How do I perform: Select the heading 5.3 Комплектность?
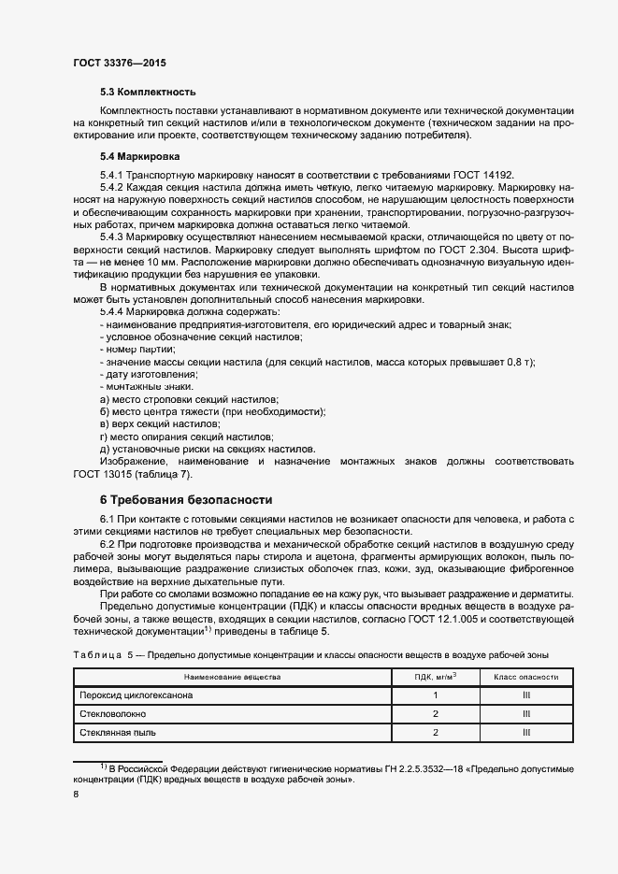pyautogui.click(x=148, y=92)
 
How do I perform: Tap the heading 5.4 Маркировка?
pyautogui.click(x=140, y=156)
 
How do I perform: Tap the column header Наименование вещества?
pyautogui.click(x=232, y=676)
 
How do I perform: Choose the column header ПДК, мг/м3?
pyautogui.click(x=436, y=676)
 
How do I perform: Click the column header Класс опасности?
pyautogui.click(x=526, y=676)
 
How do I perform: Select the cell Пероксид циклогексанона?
pyautogui.click(x=137, y=695)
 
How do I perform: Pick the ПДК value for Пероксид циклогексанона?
pyautogui.click(x=436, y=695)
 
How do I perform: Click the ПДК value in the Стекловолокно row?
pyautogui.click(x=436, y=713)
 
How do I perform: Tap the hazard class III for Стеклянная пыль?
pyautogui.click(x=526, y=732)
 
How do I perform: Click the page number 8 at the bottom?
pyautogui.click(x=76, y=794)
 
